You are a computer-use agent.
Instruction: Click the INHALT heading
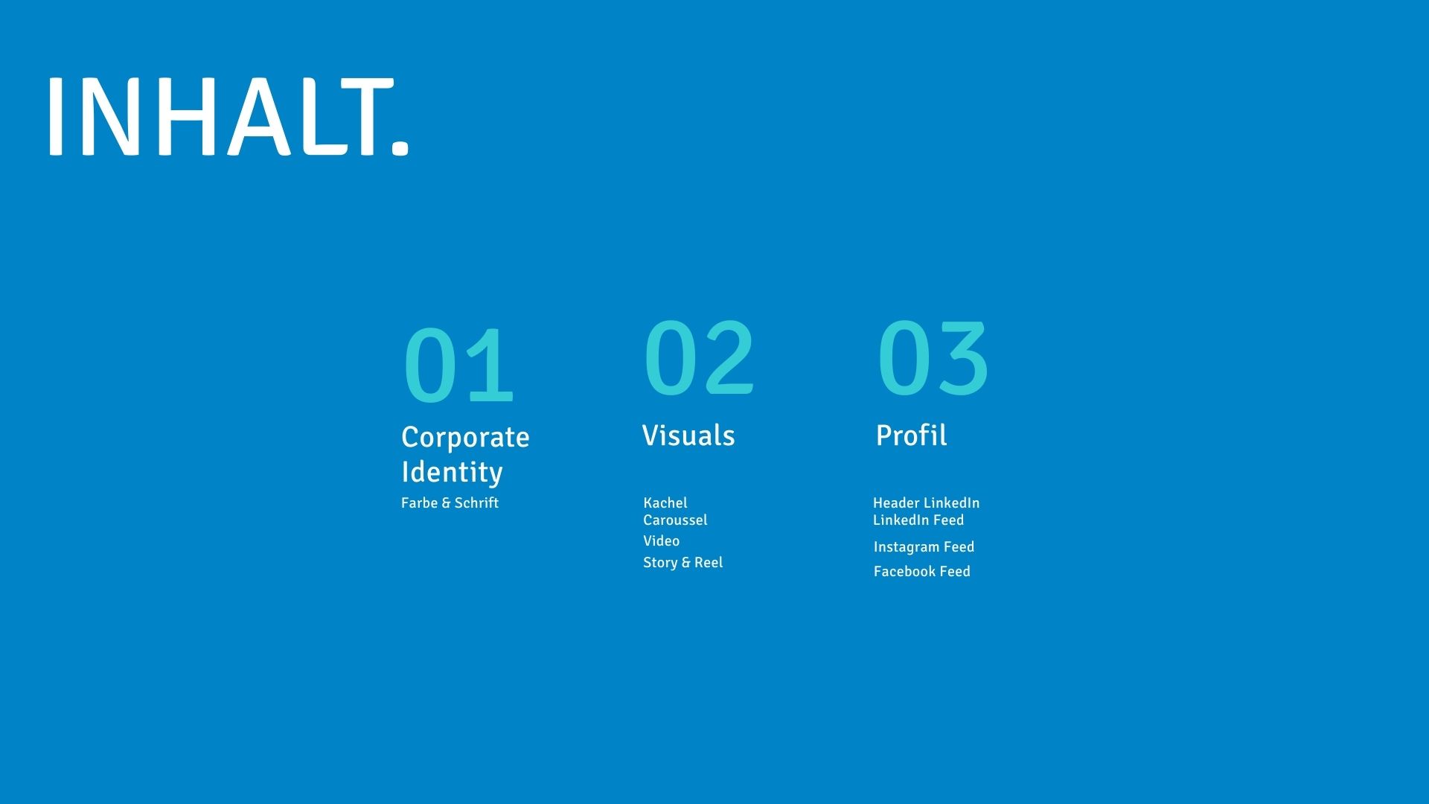click(228, 117)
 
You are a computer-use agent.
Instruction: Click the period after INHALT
click(400, 146)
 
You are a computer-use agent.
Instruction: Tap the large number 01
click(458, 366)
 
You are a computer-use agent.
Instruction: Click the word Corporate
click(465, 437)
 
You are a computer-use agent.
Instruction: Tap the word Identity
click(452, 472)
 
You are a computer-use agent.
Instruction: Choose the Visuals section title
click(688, 435)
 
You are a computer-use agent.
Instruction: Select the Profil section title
click(911, 435)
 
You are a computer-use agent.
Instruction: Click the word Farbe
click(419, 503)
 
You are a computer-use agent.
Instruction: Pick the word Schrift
click(476, 503)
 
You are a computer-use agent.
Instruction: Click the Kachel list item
click(665, 503)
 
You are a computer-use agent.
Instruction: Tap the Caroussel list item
click(675, 520)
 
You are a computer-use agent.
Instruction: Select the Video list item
click(661, 541)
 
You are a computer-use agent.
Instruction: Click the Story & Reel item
click(682, 563)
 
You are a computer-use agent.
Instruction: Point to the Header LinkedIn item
click(926, 503)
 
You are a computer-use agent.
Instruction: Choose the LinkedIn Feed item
click(918, 520)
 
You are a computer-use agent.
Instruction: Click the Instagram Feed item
click(924, 547)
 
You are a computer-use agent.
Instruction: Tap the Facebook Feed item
click(921, 572)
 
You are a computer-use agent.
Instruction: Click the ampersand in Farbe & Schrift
click(446, 503)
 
